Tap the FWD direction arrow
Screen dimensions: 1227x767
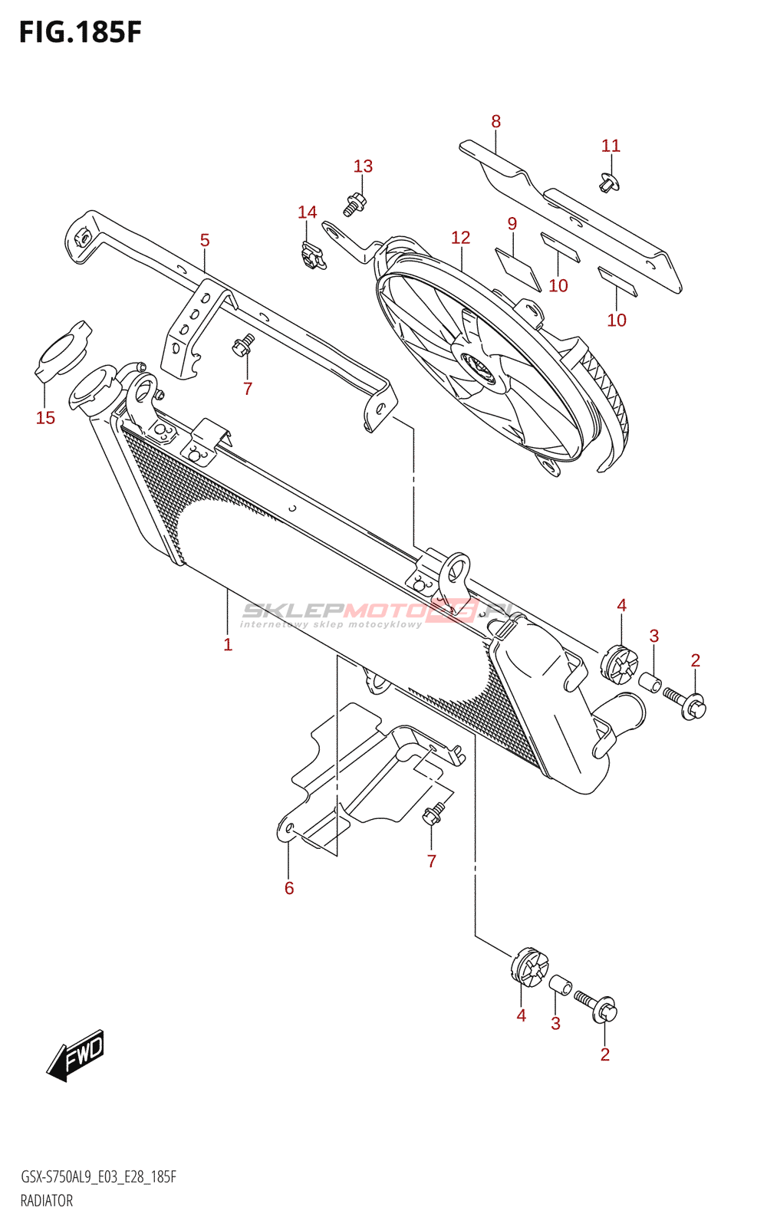[x=75, y=1055]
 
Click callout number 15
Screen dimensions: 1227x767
[x=45, y=417]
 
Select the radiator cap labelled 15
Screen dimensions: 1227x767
[x=62, y=351]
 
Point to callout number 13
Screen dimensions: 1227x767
[x=363, y=166]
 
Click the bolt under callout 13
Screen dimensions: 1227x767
[x=354, y=204]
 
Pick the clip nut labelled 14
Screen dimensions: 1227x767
[x=311, y=255]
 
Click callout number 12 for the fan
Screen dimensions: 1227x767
[x=460, y=238]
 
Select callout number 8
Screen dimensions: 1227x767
[x=495, y=121]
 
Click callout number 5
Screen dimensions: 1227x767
[x=205, y=240]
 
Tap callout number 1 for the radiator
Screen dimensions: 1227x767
[x=228, y=644]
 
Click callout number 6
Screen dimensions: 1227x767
[x=289, y=888]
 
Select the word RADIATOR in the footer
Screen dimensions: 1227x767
[x=47, y=1201]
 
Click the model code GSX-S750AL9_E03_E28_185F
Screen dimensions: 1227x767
[x=98, y=1177]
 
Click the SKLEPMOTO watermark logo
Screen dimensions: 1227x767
[x=376, y=612]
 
